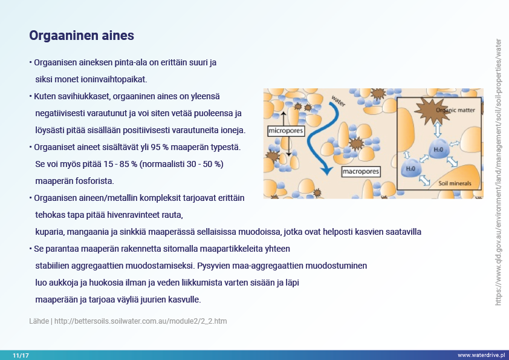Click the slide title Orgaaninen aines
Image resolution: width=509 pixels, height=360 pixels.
click(82, 36)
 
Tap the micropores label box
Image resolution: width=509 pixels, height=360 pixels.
click(286, 131)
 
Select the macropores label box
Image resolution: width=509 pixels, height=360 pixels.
click(361, 172)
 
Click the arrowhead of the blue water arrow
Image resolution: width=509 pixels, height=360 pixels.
click(326, 170)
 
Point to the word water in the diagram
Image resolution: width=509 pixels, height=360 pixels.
click(339, 100)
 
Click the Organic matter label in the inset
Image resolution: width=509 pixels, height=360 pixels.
click(455, 110)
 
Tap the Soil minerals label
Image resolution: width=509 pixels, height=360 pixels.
click(455, 183)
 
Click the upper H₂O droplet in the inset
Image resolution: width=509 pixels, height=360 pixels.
click(438, 149)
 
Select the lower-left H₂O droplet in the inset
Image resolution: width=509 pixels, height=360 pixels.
click(410, 168)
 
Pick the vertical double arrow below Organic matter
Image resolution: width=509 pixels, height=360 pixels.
click(438, 129)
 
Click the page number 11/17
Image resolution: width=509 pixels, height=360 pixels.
click(21, 355)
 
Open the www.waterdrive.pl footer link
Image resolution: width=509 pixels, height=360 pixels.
click(481, 355)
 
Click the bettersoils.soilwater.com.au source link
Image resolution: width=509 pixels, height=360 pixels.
click(141, 321)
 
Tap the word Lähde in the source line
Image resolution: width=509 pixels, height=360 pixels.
click(39, 321)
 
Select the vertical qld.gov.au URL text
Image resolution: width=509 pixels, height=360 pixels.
click(498, 172)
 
